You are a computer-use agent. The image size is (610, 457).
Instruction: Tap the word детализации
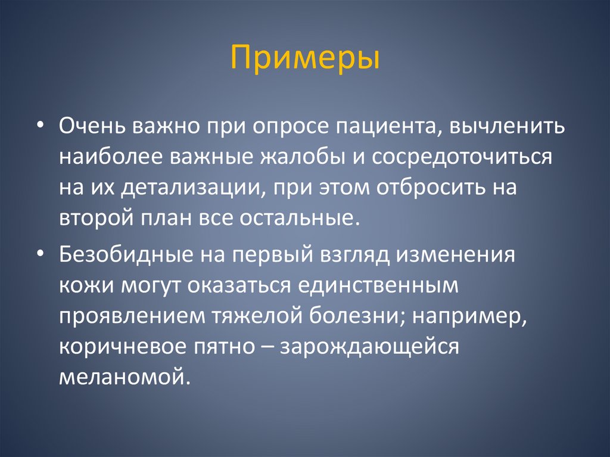(x=192, y=188)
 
